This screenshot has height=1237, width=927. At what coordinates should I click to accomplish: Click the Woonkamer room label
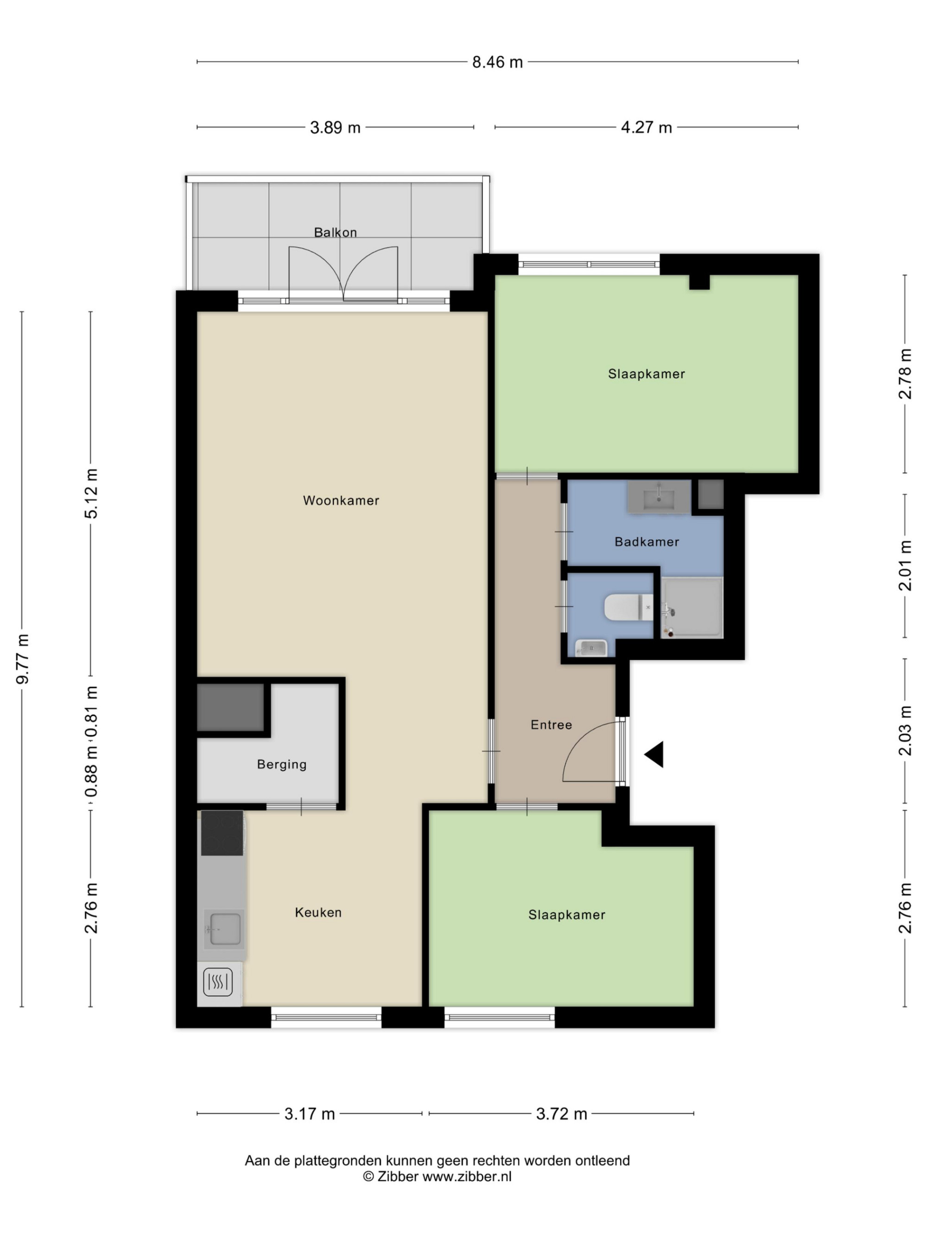341,500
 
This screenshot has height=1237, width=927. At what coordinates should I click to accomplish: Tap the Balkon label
335,232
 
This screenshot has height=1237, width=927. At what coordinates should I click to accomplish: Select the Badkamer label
647,541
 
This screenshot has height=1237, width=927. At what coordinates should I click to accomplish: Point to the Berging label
282,764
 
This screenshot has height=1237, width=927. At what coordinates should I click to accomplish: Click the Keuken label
318,912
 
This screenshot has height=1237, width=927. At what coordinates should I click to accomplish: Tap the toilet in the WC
629,607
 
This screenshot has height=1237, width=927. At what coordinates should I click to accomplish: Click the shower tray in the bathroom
692,607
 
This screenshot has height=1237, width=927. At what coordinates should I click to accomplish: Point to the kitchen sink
222,929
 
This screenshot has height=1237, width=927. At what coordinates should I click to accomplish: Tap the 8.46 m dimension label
497,62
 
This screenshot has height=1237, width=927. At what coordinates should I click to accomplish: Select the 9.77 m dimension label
23,659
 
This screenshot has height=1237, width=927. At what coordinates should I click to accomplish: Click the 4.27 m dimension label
646,128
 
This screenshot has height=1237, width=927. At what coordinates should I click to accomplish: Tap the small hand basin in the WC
590,648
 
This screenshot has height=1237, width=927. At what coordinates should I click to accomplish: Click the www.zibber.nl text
467,1176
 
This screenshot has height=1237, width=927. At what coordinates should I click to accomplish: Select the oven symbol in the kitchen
218,982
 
